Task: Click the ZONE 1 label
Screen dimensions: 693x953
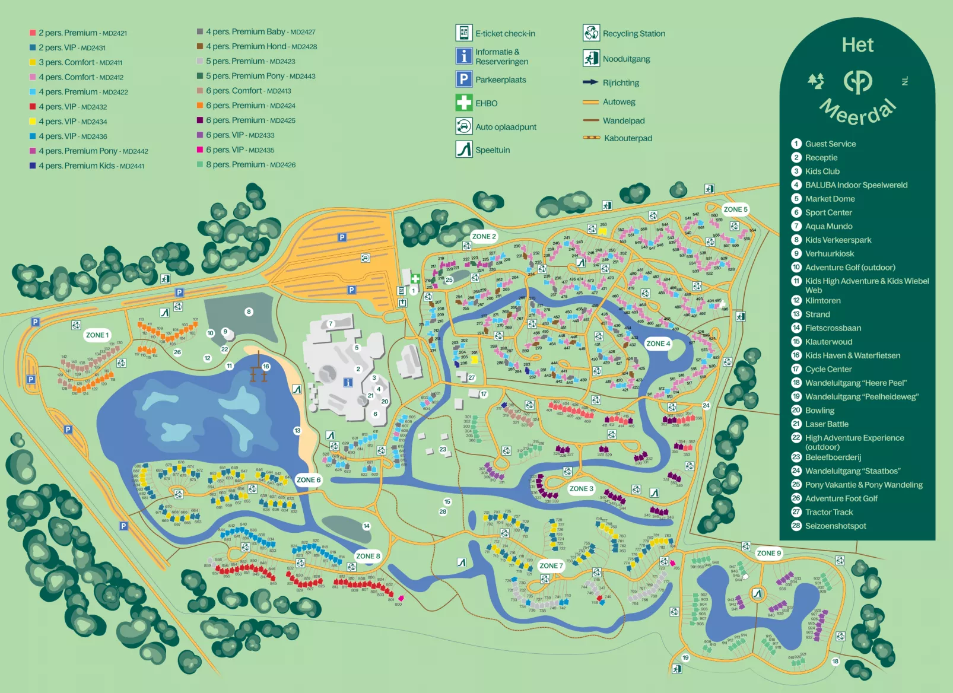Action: (x=97, y=335)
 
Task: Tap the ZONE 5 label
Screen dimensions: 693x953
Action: (x=735, y=209)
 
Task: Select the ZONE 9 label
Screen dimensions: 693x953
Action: (x=768, y=553)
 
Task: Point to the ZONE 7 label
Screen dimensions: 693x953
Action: (x=551, y=565)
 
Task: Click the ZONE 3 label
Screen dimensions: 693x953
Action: (x=581, y=488)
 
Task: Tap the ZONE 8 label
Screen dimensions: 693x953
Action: (x=367, y=556)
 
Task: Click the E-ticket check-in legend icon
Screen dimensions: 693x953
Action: (x=463, y=33)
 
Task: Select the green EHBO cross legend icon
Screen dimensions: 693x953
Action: (x=463, y=103)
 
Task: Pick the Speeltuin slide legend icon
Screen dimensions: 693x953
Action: (x=463, y=149)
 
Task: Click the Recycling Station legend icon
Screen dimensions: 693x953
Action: (x=591, y=33)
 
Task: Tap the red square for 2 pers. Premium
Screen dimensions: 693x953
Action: (x=33, y=33)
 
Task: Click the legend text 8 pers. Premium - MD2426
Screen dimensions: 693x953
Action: (x=250, y=165)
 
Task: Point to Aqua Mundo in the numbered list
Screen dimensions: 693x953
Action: (x=828, y=226)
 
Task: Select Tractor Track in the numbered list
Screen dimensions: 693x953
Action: (x=828, y=512)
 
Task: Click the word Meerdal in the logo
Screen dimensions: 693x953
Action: (x=858, y=113)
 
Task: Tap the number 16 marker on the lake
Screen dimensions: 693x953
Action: (x=266, y=367)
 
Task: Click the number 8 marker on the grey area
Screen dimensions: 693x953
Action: (x=249, y=311)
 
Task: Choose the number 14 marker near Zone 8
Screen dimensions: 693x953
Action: (x=366, y=526)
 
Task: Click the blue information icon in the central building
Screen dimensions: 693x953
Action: (x=348, y=382)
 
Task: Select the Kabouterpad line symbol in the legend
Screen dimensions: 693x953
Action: (x=591, y=138)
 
